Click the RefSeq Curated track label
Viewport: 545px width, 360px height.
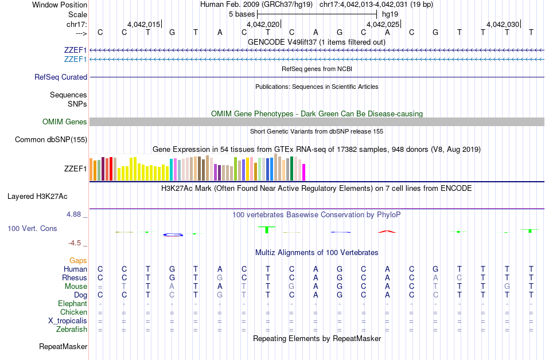click(61, 77)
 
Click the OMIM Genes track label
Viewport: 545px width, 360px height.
click(65, 122)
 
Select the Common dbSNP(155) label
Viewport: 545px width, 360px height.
click(51, 139)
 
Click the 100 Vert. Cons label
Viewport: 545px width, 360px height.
click(33, 228)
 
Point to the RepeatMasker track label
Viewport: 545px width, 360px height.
click(63, 346)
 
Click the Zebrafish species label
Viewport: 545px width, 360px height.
click(72, 330)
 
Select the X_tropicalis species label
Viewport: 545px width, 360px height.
click(68, 321)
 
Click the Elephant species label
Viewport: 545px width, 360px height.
click(72, 303)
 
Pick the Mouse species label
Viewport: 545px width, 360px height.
click(76, 286)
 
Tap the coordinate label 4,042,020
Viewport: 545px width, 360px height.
click(263, 24)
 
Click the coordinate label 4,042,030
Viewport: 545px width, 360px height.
click(503, 24)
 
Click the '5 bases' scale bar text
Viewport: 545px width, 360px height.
click(242, 14)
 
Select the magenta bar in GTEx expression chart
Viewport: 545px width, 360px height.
click(304, 172)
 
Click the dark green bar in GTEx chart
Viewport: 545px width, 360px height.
click(291, 168)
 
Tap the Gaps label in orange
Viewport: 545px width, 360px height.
click(78, 260)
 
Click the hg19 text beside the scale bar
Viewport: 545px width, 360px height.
click(390, 14)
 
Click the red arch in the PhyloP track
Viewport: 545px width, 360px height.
click(387, 231)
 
